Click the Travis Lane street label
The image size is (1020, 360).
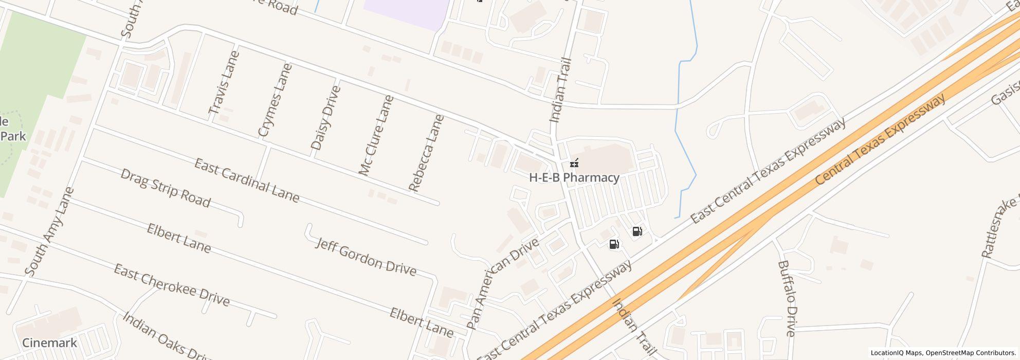point(224,82)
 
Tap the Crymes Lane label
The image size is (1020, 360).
point(275,100)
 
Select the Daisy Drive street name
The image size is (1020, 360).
point(326,118)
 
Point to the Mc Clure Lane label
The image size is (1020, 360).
point(376,135)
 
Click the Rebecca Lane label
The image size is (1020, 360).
point(426,153)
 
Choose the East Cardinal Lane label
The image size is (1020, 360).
point(247,181)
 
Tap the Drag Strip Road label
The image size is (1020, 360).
point(166,188)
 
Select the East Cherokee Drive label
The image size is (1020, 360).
point(172,285)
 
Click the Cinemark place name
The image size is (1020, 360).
point(49,343)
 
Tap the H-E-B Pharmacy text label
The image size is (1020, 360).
point(574,178)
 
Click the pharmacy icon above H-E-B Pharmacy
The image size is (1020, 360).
point(574,164)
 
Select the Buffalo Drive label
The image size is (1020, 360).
point(787,298)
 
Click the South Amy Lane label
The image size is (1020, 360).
point(49,232)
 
